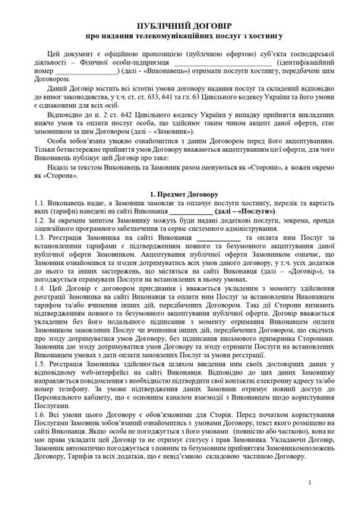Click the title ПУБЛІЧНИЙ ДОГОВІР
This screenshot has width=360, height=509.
coord(180,25)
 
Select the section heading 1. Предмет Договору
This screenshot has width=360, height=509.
coord(180,195)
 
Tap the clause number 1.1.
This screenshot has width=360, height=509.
coord(39,206)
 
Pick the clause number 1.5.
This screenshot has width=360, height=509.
coord(39,384)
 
